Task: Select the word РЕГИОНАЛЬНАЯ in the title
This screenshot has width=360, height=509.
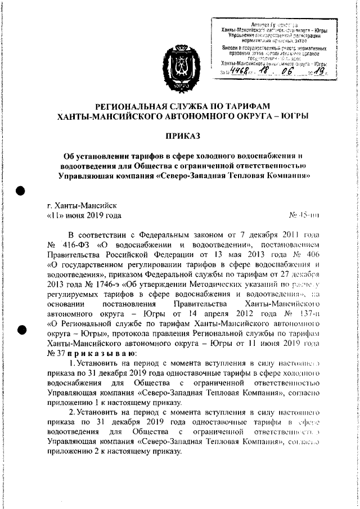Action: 137,106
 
